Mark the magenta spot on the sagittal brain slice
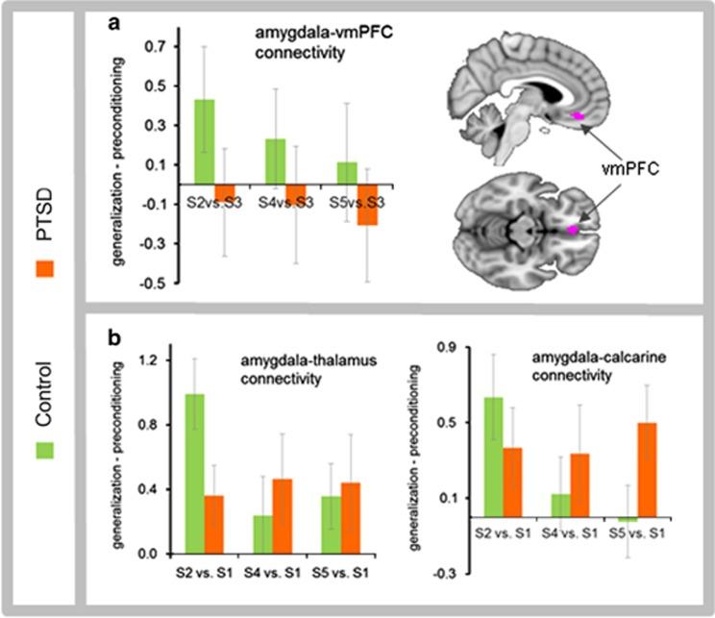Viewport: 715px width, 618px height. (579, 115)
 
